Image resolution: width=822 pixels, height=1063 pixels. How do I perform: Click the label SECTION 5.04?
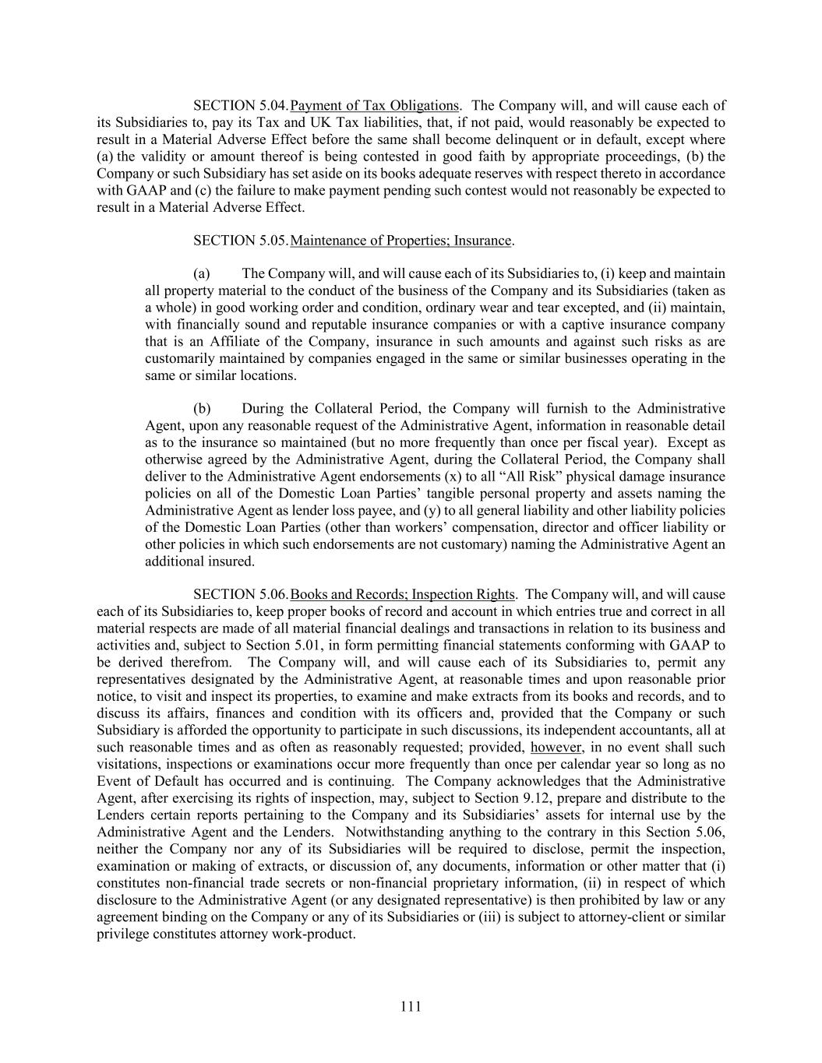coord(241,105)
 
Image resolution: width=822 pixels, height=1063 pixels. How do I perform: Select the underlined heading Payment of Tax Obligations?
coord(374,105)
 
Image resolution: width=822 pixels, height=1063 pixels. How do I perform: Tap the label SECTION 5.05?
coord(241,241)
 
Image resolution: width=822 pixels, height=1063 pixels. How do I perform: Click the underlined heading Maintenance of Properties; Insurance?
coord(400,241)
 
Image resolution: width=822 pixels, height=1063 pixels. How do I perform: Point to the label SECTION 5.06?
coord(241,595)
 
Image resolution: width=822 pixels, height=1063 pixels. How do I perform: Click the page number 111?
coord(411,1006)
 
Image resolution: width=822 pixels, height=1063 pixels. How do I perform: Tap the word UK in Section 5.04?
coord(320,122)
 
